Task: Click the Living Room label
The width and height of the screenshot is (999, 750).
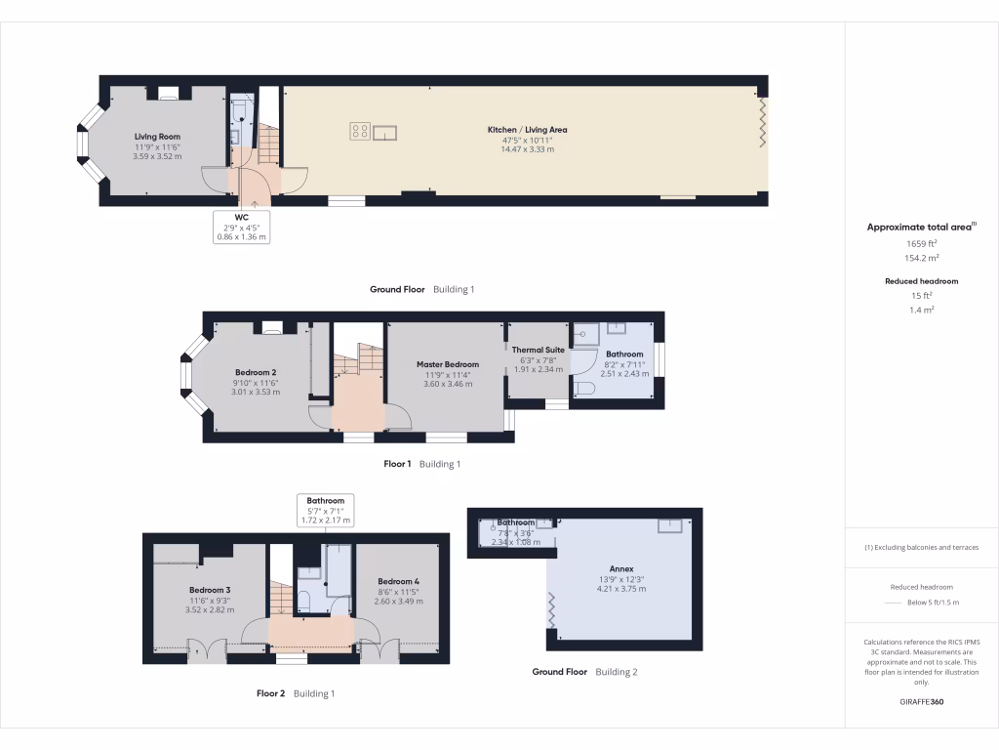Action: tap(157, 137)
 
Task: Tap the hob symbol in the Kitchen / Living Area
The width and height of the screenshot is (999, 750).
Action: tap(360, 130)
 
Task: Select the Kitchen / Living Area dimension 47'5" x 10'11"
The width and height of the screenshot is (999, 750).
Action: tap(528, 140)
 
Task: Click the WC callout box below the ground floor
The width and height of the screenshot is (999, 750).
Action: tap(242, 227)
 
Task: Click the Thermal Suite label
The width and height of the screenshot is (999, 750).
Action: tap(538, 350)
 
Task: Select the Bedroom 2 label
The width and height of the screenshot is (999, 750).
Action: tap(256, 372)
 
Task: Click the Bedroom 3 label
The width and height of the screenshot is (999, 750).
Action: tap(210, 590)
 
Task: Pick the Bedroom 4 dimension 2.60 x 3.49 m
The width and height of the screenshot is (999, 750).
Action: tap(399, 602)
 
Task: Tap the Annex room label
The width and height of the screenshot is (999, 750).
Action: tap(621, 568)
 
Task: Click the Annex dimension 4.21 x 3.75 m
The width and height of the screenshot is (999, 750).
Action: tap(621, 589)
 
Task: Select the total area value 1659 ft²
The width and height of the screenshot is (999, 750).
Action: tap(921, 243)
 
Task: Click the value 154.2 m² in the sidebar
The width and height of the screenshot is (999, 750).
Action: tap(921, 258)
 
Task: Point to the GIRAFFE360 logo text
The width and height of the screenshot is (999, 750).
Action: tap(921, 702)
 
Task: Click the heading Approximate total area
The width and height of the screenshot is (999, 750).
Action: tap(921, 227)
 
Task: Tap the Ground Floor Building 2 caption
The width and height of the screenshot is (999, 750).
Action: tap(584, 672)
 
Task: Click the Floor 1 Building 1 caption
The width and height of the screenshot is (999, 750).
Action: tap(421, 465)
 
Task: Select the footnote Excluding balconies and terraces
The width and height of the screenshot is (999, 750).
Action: tap(921, 547)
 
